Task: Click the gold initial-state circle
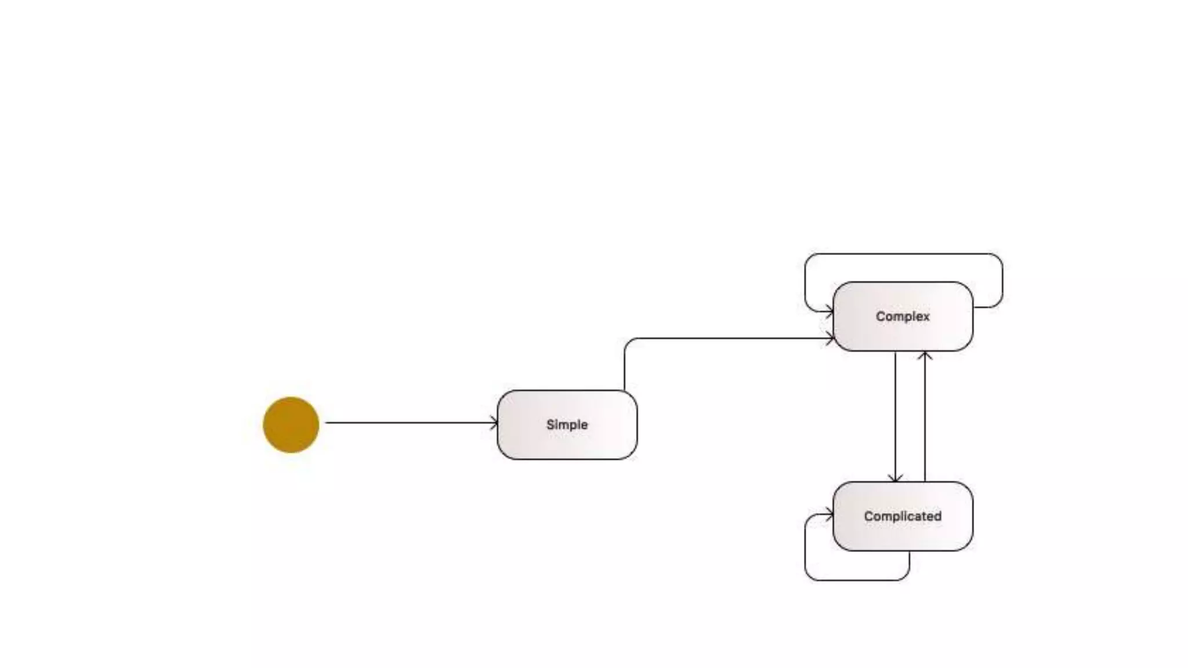coord(291,424)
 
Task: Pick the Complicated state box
coord(903,534)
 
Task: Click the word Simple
coord(567,424)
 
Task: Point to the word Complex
coord(903,317)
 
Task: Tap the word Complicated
coord(903,516)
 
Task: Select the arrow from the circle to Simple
coord(406,423)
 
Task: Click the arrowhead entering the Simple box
coord(494,423)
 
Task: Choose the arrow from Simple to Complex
coord(725,338)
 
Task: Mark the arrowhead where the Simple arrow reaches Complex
coord(830,339)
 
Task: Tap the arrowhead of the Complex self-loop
coord(830,312)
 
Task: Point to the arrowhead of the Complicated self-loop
coord(830,514)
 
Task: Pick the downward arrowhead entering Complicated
coord(896,478)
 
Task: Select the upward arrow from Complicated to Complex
coord(925,418)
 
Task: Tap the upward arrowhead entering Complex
coord(925,355)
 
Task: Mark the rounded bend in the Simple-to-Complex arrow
coord(628,342)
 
